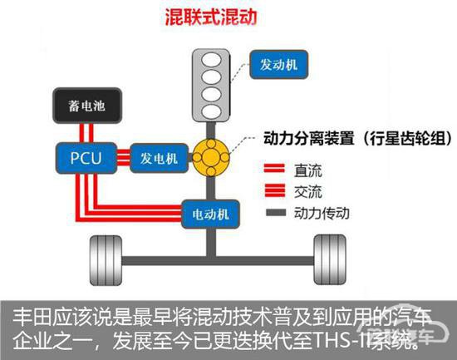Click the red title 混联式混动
point(211,17)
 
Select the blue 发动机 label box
point(278,65)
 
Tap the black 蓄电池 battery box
point(87,106)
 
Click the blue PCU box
point(86,158)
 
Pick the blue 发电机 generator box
point(159,158)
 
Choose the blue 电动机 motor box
point(210,215)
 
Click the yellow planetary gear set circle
point(211,157)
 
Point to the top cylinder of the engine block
point(212,61)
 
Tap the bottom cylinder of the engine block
point(212,111)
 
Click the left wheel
point(106,260)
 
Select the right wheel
point(330,259)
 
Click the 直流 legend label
point(308,170)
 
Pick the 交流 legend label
point(308,192)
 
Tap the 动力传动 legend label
point(322,213)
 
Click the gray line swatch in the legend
point(276,212)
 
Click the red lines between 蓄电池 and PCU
point(86,133)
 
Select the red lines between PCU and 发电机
point(123,157)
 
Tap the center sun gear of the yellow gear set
point(211,157)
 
